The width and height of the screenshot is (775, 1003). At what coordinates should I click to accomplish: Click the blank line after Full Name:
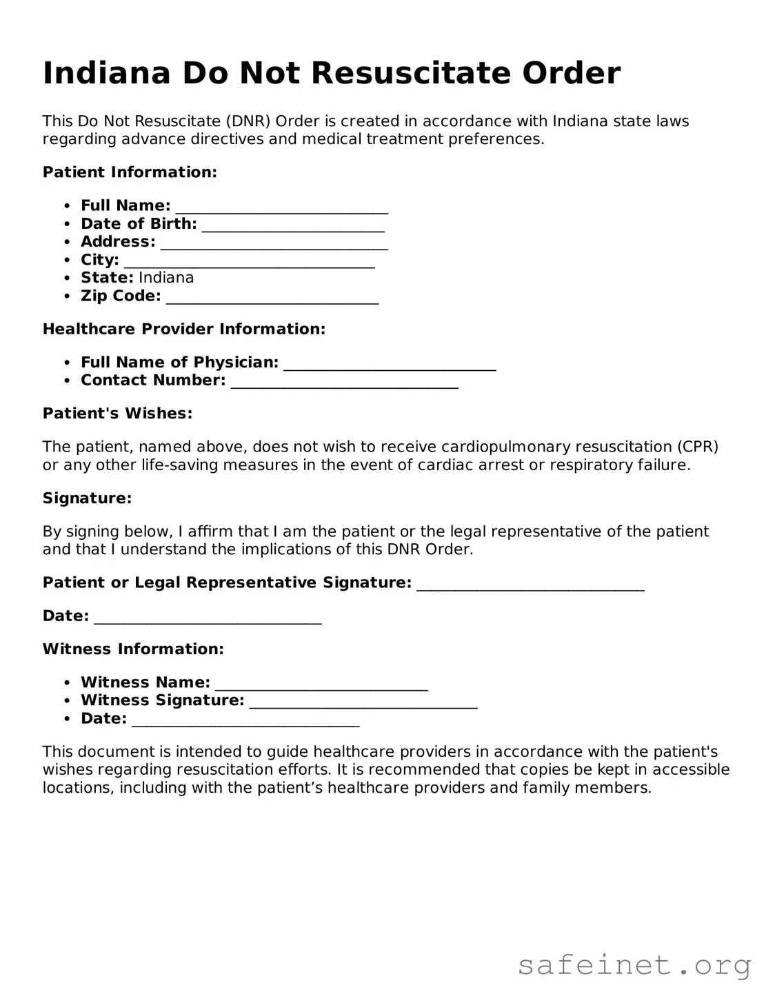(281, 207)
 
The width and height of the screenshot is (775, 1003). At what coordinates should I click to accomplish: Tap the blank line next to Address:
(274, 243)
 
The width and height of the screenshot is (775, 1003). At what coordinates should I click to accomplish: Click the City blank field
(249, 261)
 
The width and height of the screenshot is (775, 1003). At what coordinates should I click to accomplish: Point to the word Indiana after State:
(166, 278)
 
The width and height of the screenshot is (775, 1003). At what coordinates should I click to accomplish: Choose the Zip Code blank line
(272, 296)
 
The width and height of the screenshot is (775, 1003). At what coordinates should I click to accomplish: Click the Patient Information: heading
(130, 172)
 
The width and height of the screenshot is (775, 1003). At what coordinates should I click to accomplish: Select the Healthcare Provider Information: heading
(183, 330)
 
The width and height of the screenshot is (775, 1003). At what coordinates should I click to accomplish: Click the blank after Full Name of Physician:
(390, 363)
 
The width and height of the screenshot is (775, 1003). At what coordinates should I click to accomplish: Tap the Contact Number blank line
(344, 381)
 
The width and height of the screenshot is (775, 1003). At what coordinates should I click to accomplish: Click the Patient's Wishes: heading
(117, 414)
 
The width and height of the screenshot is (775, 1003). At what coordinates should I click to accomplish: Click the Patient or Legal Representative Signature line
(530, 584)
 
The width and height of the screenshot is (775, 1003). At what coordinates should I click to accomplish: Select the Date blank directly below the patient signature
(208, 617)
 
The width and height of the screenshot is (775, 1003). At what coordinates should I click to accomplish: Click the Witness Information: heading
(133, 649)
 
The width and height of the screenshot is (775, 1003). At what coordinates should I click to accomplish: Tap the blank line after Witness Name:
(321, 683)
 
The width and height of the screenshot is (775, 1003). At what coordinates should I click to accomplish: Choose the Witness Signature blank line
(363, 701)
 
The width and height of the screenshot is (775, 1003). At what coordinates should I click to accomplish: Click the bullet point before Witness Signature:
(67, 701)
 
